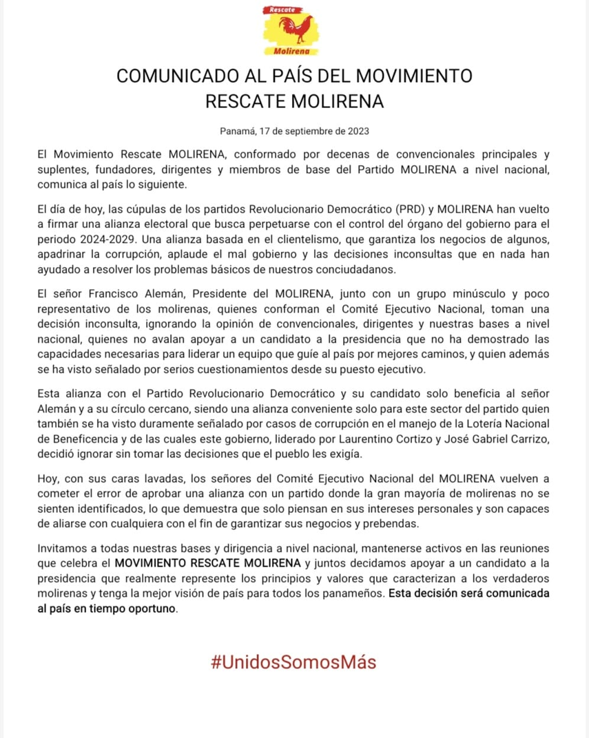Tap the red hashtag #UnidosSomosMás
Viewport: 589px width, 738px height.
(293, 662)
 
